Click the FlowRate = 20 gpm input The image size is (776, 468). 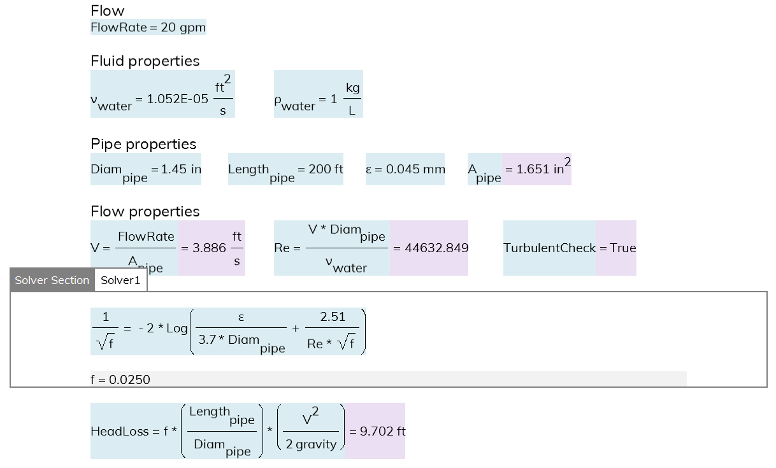coord(148,27)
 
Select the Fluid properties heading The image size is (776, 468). coord(145,61)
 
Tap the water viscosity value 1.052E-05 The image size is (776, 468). coord(178,99)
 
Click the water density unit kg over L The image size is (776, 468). coord(352,99)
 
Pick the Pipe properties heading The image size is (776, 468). coord(143,145)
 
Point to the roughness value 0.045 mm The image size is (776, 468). coord(415,169)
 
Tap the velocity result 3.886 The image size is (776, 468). coord(209,248)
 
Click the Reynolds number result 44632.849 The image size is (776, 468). coord(436,248)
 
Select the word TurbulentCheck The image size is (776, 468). coord(550,248)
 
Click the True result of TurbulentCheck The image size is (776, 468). coord(623,248)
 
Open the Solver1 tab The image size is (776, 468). coord(120,280)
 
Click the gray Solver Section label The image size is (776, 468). coord(52,280)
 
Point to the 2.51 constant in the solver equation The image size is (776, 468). coord(333,316)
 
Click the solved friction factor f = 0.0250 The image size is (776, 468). coord(120,379)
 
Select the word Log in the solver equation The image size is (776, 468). coord(177,329)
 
